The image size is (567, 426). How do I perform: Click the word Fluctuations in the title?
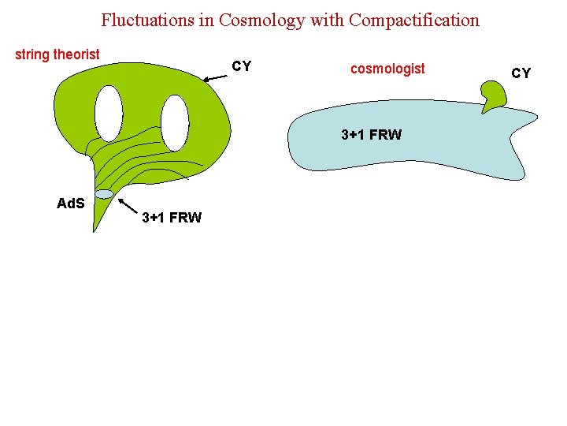(148, 20)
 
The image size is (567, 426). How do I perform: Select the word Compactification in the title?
(414, 20)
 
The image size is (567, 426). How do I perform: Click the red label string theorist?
(57, 54)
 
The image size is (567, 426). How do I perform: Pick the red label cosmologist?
(387, 69)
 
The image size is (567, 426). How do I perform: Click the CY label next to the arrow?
(242, 66)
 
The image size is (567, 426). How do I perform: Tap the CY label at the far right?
(521, 73)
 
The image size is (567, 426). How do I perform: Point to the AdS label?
(71, 204)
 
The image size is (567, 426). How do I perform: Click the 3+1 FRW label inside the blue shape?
(371, 135)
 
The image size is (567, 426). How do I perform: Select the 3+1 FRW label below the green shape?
(172, 218)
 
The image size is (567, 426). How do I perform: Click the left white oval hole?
(109, 113)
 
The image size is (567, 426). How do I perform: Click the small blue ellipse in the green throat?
(104, 194)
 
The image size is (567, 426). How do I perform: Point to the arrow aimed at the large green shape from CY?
(213, 77)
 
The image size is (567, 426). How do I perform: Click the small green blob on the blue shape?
(494, 97)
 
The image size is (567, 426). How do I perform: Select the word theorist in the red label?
(76, 54)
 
